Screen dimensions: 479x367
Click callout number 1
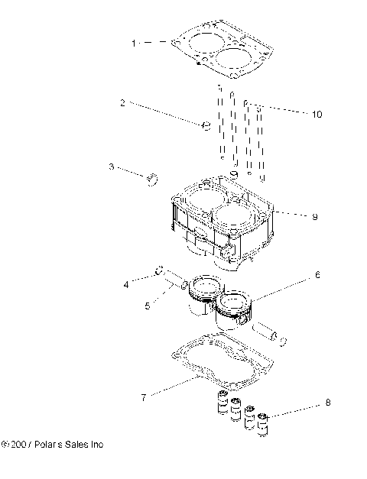tap(135, 44)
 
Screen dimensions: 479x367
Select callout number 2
tap(122, 102)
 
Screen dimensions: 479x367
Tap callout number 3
tap(112, 166)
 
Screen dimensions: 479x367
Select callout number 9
tap(313, 216)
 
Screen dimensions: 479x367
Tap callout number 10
tap(317, 115)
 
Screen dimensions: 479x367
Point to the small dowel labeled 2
tap(205, 125)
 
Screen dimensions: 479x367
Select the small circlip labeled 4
tap(158, 270)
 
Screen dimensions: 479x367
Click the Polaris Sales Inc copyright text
tap(54, 444)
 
